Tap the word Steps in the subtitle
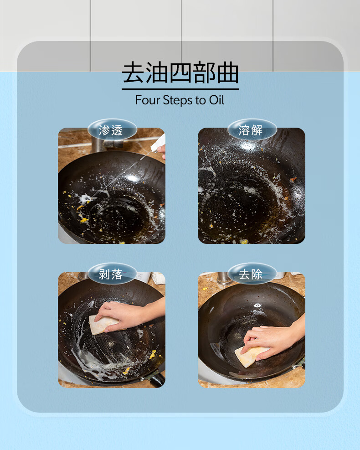point(178,100)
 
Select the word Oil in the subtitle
point(216,100)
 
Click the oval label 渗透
point(112,130)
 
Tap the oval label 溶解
point(252,130)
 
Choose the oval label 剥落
point(112,274)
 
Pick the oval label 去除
point(252,274)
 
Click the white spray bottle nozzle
point(158,144)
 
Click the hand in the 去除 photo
point(273,339)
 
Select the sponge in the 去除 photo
point(249,356)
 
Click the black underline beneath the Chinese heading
point(180,89)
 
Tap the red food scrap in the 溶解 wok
point(293,180)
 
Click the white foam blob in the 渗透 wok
point(86,197)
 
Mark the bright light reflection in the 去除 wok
point(257,305)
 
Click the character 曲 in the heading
point(228,72)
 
